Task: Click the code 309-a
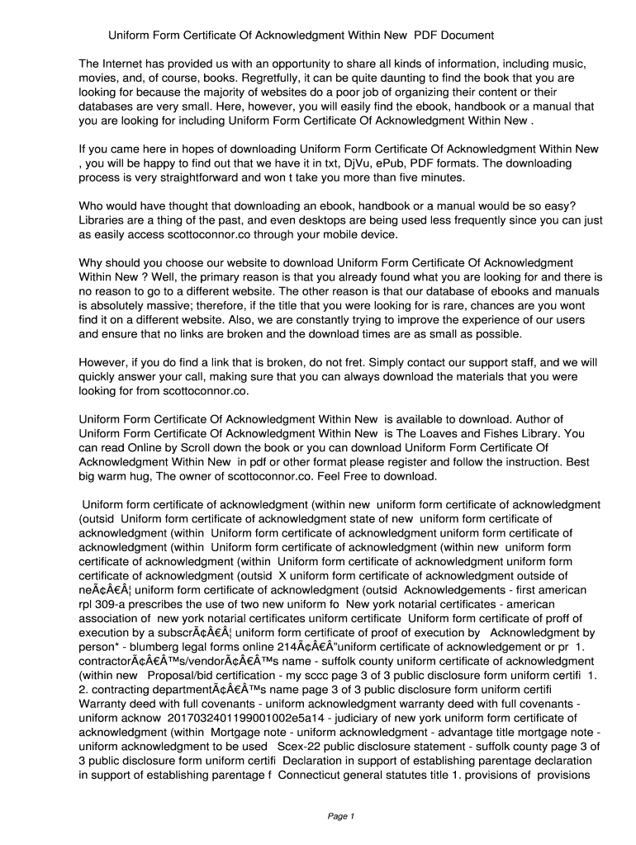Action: [x=110, y=605]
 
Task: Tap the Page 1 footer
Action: [x=340, y=817]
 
